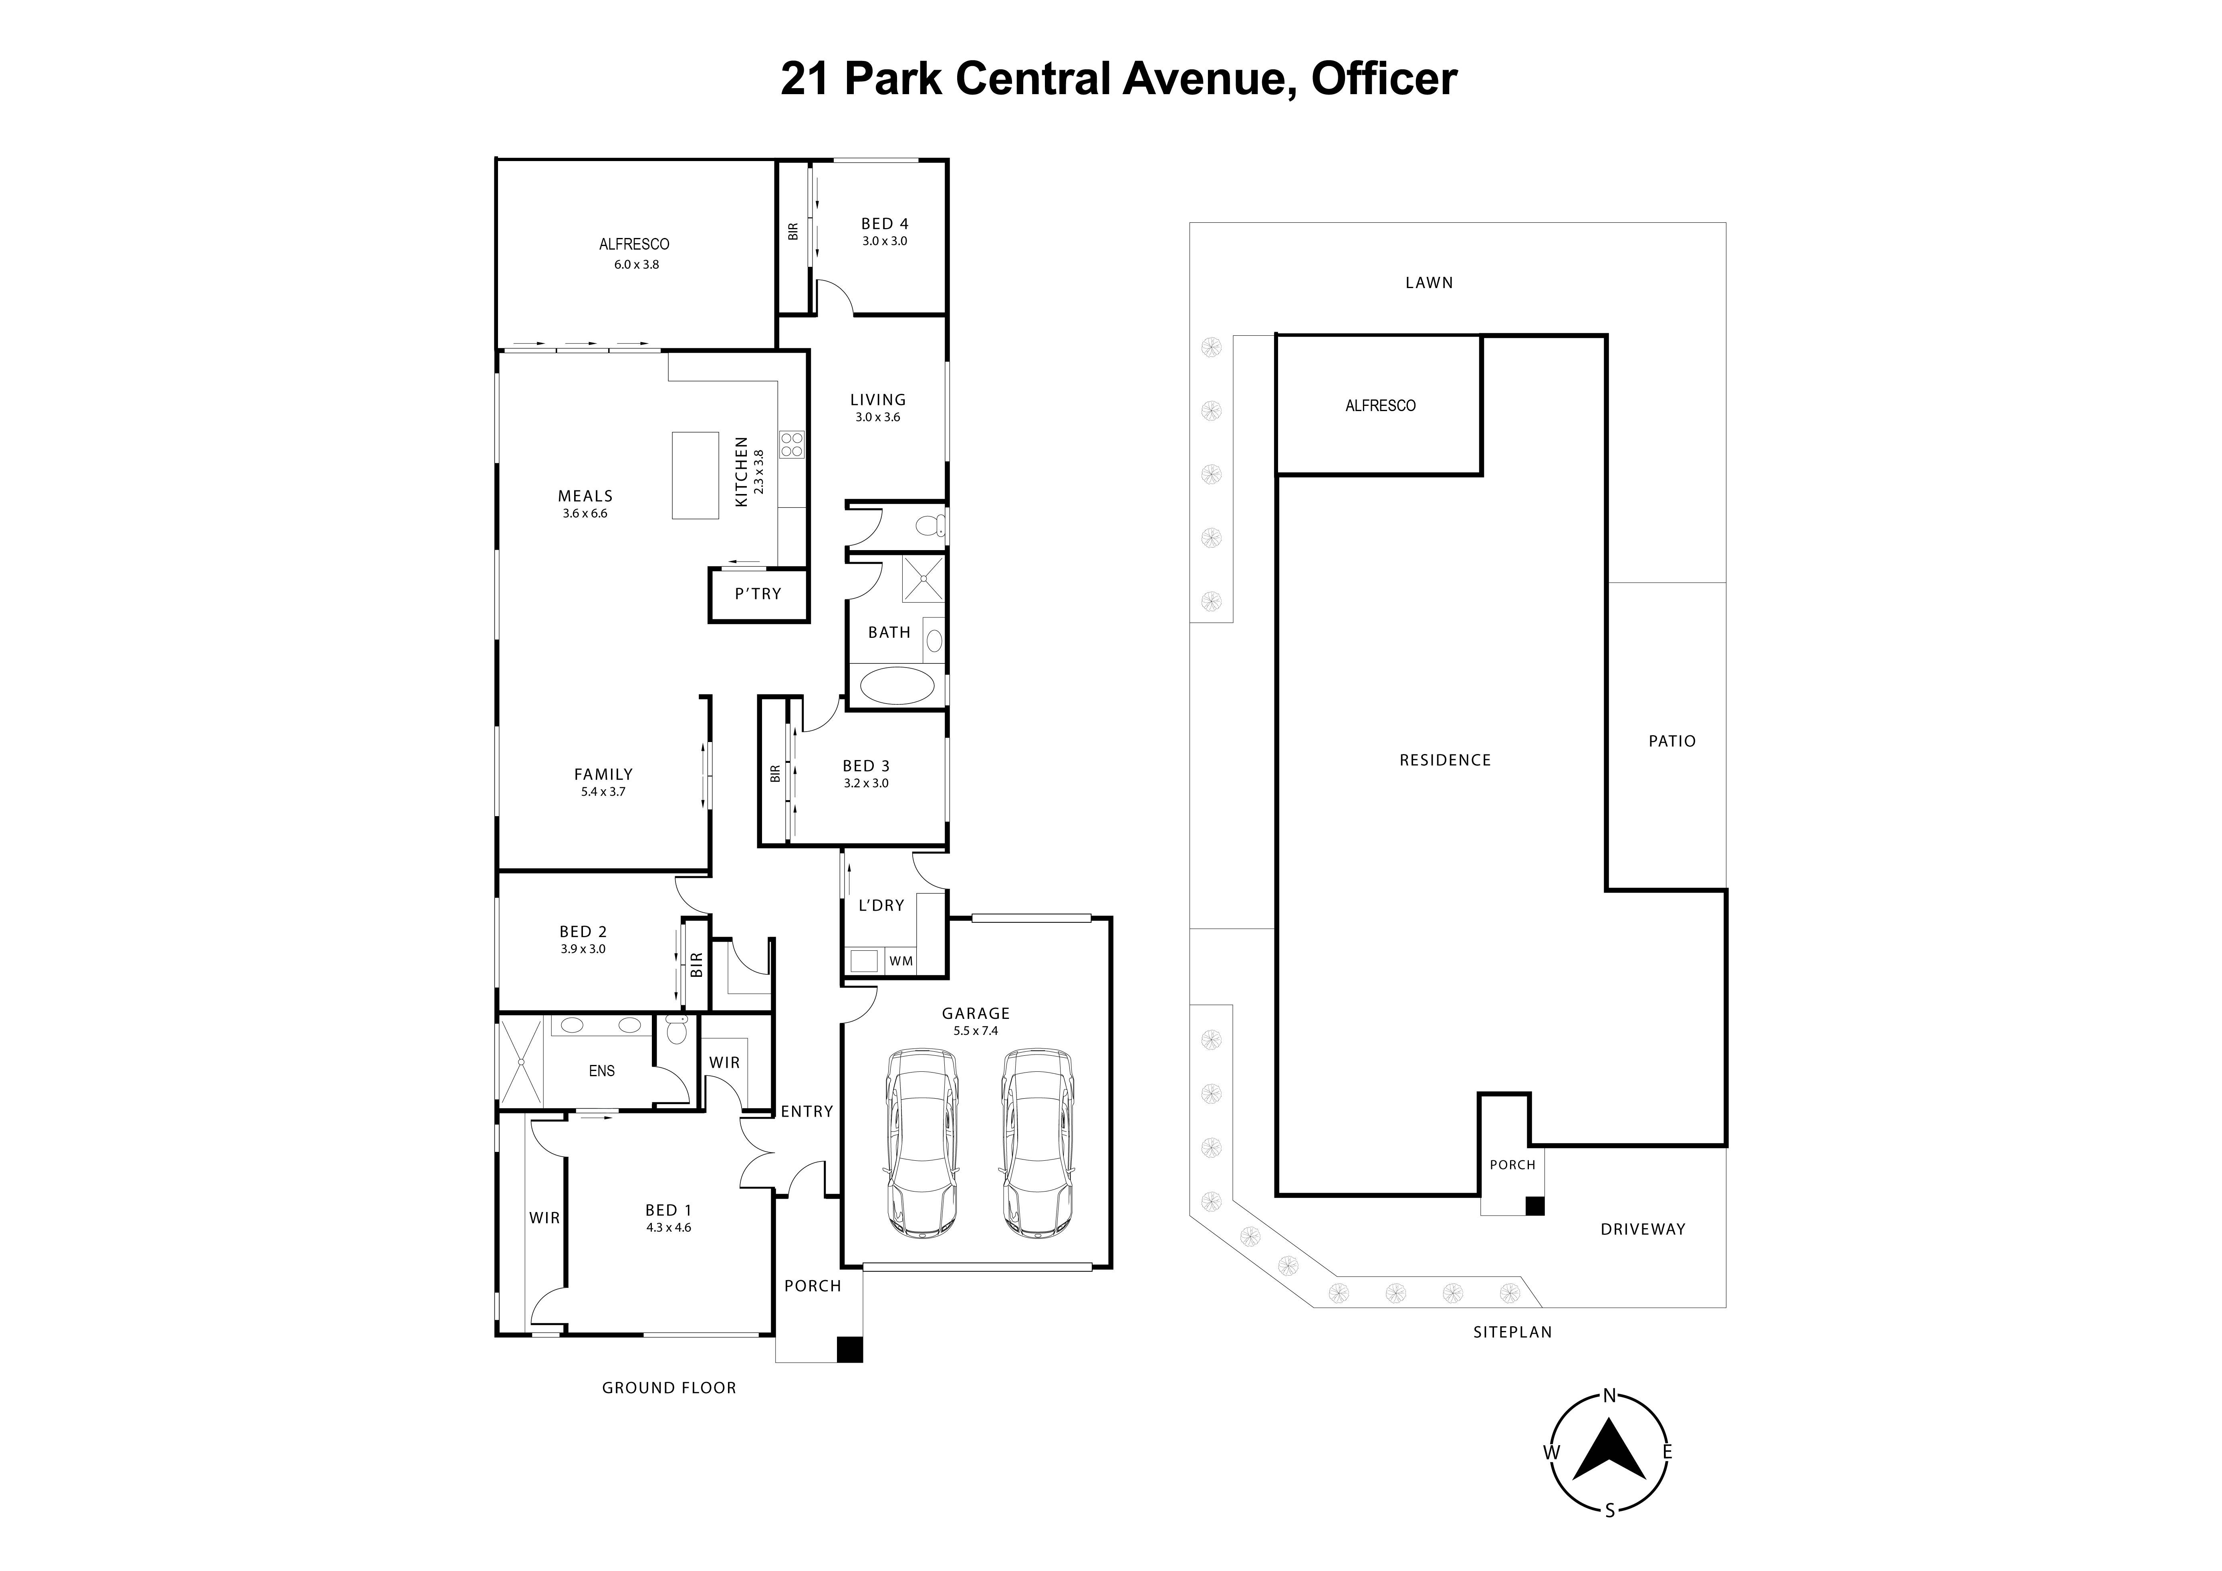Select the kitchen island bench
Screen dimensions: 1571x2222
[695, 475]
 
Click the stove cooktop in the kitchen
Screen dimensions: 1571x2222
[792, 444]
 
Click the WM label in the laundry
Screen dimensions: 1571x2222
[901, 961]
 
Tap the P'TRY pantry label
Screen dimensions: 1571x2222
[758, 593]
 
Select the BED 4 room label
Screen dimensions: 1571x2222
[885, 224]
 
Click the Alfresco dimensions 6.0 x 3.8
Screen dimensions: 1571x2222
[636, 264]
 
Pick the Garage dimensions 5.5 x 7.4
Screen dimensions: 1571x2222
[976, 1031]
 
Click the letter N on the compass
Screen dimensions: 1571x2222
[1609, 1395]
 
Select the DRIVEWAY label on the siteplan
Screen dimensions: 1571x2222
[1642, 1229]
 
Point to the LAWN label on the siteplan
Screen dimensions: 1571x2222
[1428, 282]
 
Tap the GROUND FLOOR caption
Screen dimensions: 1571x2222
[669, 1388]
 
